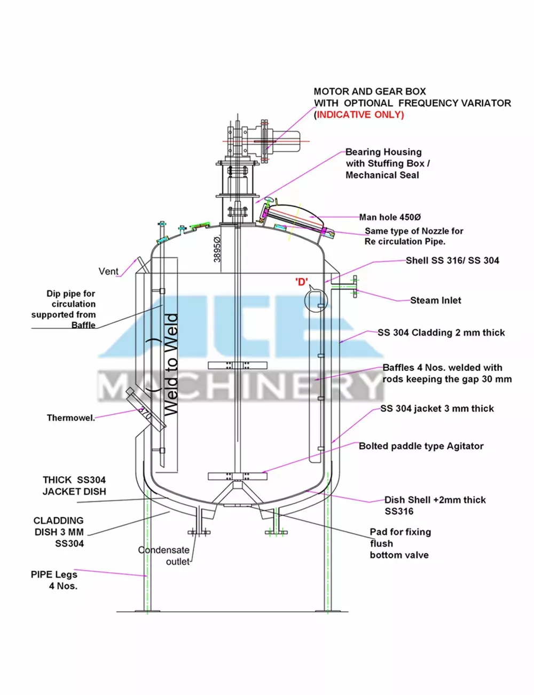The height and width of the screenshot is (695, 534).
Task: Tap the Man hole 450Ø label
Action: coord(390,217)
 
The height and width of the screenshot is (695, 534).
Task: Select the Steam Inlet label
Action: coord(435,301)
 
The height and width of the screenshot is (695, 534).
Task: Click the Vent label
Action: coord(108,271)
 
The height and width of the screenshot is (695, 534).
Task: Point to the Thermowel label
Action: coord(70,418)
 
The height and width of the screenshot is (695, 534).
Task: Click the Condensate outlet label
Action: coord(164,556)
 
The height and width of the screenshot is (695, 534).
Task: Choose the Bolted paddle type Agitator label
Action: coord(421,446)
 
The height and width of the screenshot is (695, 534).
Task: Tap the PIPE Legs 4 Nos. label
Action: coord(54,580)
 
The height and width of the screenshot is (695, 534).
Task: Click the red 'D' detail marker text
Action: coord(302,282)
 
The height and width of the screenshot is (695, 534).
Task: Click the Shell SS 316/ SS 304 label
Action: coord(452,260)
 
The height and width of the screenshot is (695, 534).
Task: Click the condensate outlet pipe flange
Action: coord(199,532)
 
